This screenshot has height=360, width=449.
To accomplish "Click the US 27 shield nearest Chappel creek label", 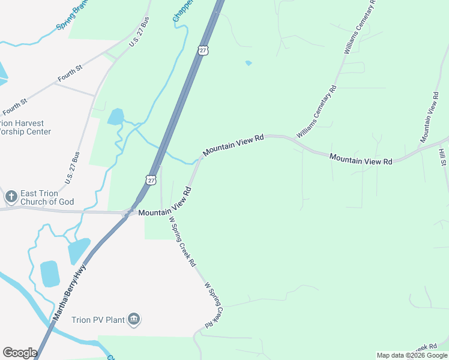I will coord(203,50).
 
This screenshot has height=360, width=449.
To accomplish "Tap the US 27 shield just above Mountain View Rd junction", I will coord(151,179).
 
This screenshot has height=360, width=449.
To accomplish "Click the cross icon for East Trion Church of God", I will coord(11,196).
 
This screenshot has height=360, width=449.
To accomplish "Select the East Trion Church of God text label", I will coord(47,197).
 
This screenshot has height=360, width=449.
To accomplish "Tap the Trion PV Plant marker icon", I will coord(134,319).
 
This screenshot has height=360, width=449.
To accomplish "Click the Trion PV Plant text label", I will coord(98,320).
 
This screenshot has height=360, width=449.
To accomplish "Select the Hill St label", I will coord(443,158).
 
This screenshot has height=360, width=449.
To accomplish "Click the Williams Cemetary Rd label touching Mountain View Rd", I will coord(316,112).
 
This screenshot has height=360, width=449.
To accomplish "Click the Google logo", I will coord(20,353).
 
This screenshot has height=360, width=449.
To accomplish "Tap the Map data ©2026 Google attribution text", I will coord(412,355).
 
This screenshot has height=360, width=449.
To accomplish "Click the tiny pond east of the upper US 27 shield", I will coord(249,62).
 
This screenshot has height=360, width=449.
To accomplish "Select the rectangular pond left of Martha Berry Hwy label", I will coord(50,274).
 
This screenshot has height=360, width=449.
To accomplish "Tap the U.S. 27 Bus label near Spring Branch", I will coord(139,32).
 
